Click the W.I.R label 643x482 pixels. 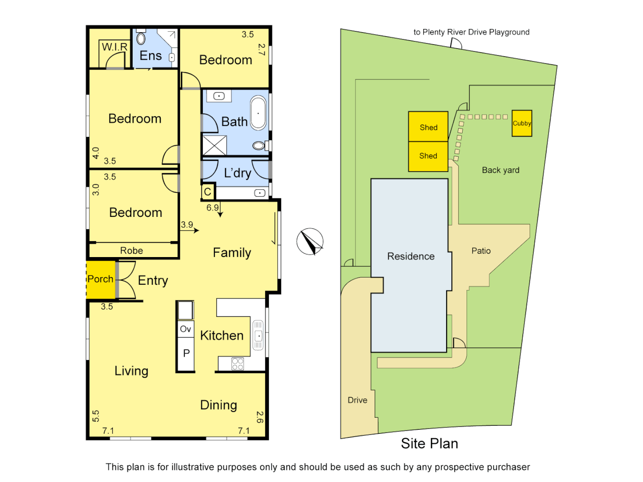[x=114, y=47]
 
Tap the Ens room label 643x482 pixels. [x=150, y=56]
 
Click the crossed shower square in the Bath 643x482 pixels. [x=214, y=145]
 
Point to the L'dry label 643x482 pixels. [x=237, y=173]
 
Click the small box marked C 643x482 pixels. [x=208, y=192]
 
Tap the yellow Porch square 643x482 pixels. [x=100, y=279]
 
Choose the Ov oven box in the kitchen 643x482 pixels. [x=186, y=329]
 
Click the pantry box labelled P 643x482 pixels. [x=186, y=353]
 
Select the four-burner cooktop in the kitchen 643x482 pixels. [x=238, y=364]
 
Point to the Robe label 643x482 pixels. [x=131, y=251]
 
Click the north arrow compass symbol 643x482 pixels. [x=310, y=241]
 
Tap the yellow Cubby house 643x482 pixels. [x=522, y=123]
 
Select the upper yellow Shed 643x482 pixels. [x=428, y=127]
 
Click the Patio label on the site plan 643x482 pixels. [x=481, y=251]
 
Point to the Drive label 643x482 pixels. [x=357, y=400]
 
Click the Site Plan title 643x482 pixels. [x=429, y=443]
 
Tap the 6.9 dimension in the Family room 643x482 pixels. [x=213, y=208]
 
